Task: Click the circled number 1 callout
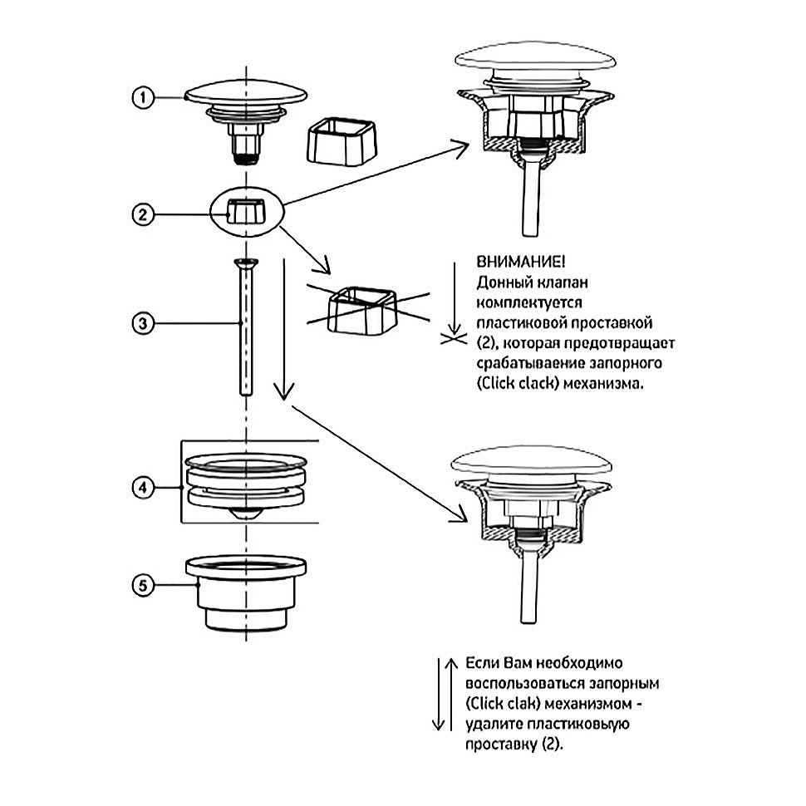click(144, 98)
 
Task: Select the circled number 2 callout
click(144, 214)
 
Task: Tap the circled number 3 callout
click(144, 322)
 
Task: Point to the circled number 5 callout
click(144, 586)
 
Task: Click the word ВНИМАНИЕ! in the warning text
click(510, 261)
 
